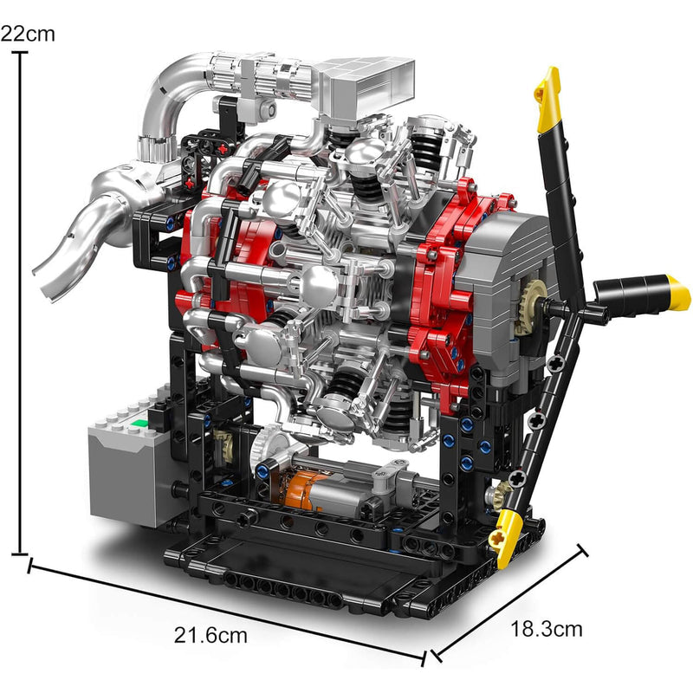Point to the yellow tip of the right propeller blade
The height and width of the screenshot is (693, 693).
677,292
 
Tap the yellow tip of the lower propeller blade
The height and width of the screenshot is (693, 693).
502,537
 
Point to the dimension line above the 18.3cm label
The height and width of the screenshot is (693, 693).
511,598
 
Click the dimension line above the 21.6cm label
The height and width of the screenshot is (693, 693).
225,611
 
